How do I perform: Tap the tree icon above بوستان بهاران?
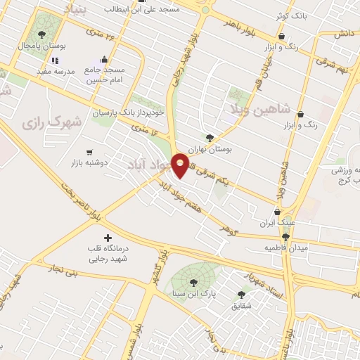(x=210, y=138)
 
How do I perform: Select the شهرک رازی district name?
(x=52, y=122)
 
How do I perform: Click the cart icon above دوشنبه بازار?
(x=89, y=152)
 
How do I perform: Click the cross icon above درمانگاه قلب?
(x=107, y=238)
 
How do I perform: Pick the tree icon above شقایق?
(x=242, y=295)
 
